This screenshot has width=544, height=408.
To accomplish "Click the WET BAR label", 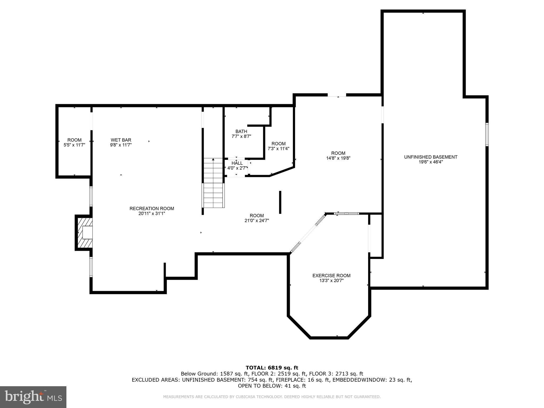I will click(121, 140).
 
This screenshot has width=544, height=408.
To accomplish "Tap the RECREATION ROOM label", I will click(152, 209).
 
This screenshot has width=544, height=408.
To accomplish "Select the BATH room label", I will click(241, 131).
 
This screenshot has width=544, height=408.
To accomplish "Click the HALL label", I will click(237, 163).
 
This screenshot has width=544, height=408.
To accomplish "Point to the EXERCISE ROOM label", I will click(331, 275).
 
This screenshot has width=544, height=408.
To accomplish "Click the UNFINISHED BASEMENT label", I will click(431, 157).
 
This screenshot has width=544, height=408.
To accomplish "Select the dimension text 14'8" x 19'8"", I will click(338, 158).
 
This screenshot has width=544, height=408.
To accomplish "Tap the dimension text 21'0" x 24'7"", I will click(257, 220).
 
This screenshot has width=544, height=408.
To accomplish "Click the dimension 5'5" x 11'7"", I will click(74, 145).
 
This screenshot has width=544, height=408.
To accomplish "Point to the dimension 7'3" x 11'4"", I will click(278, 149).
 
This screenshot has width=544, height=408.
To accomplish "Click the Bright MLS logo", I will click(33, 397).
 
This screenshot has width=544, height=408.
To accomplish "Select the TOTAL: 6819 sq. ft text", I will click(272, 368).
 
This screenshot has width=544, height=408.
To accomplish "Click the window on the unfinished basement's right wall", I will click(487, 134).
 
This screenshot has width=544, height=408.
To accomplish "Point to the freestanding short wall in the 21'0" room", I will click(280, 202).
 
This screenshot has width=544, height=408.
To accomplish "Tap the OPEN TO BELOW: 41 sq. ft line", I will click(272, 386).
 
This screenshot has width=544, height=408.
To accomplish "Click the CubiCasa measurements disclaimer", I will click(272, 397).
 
